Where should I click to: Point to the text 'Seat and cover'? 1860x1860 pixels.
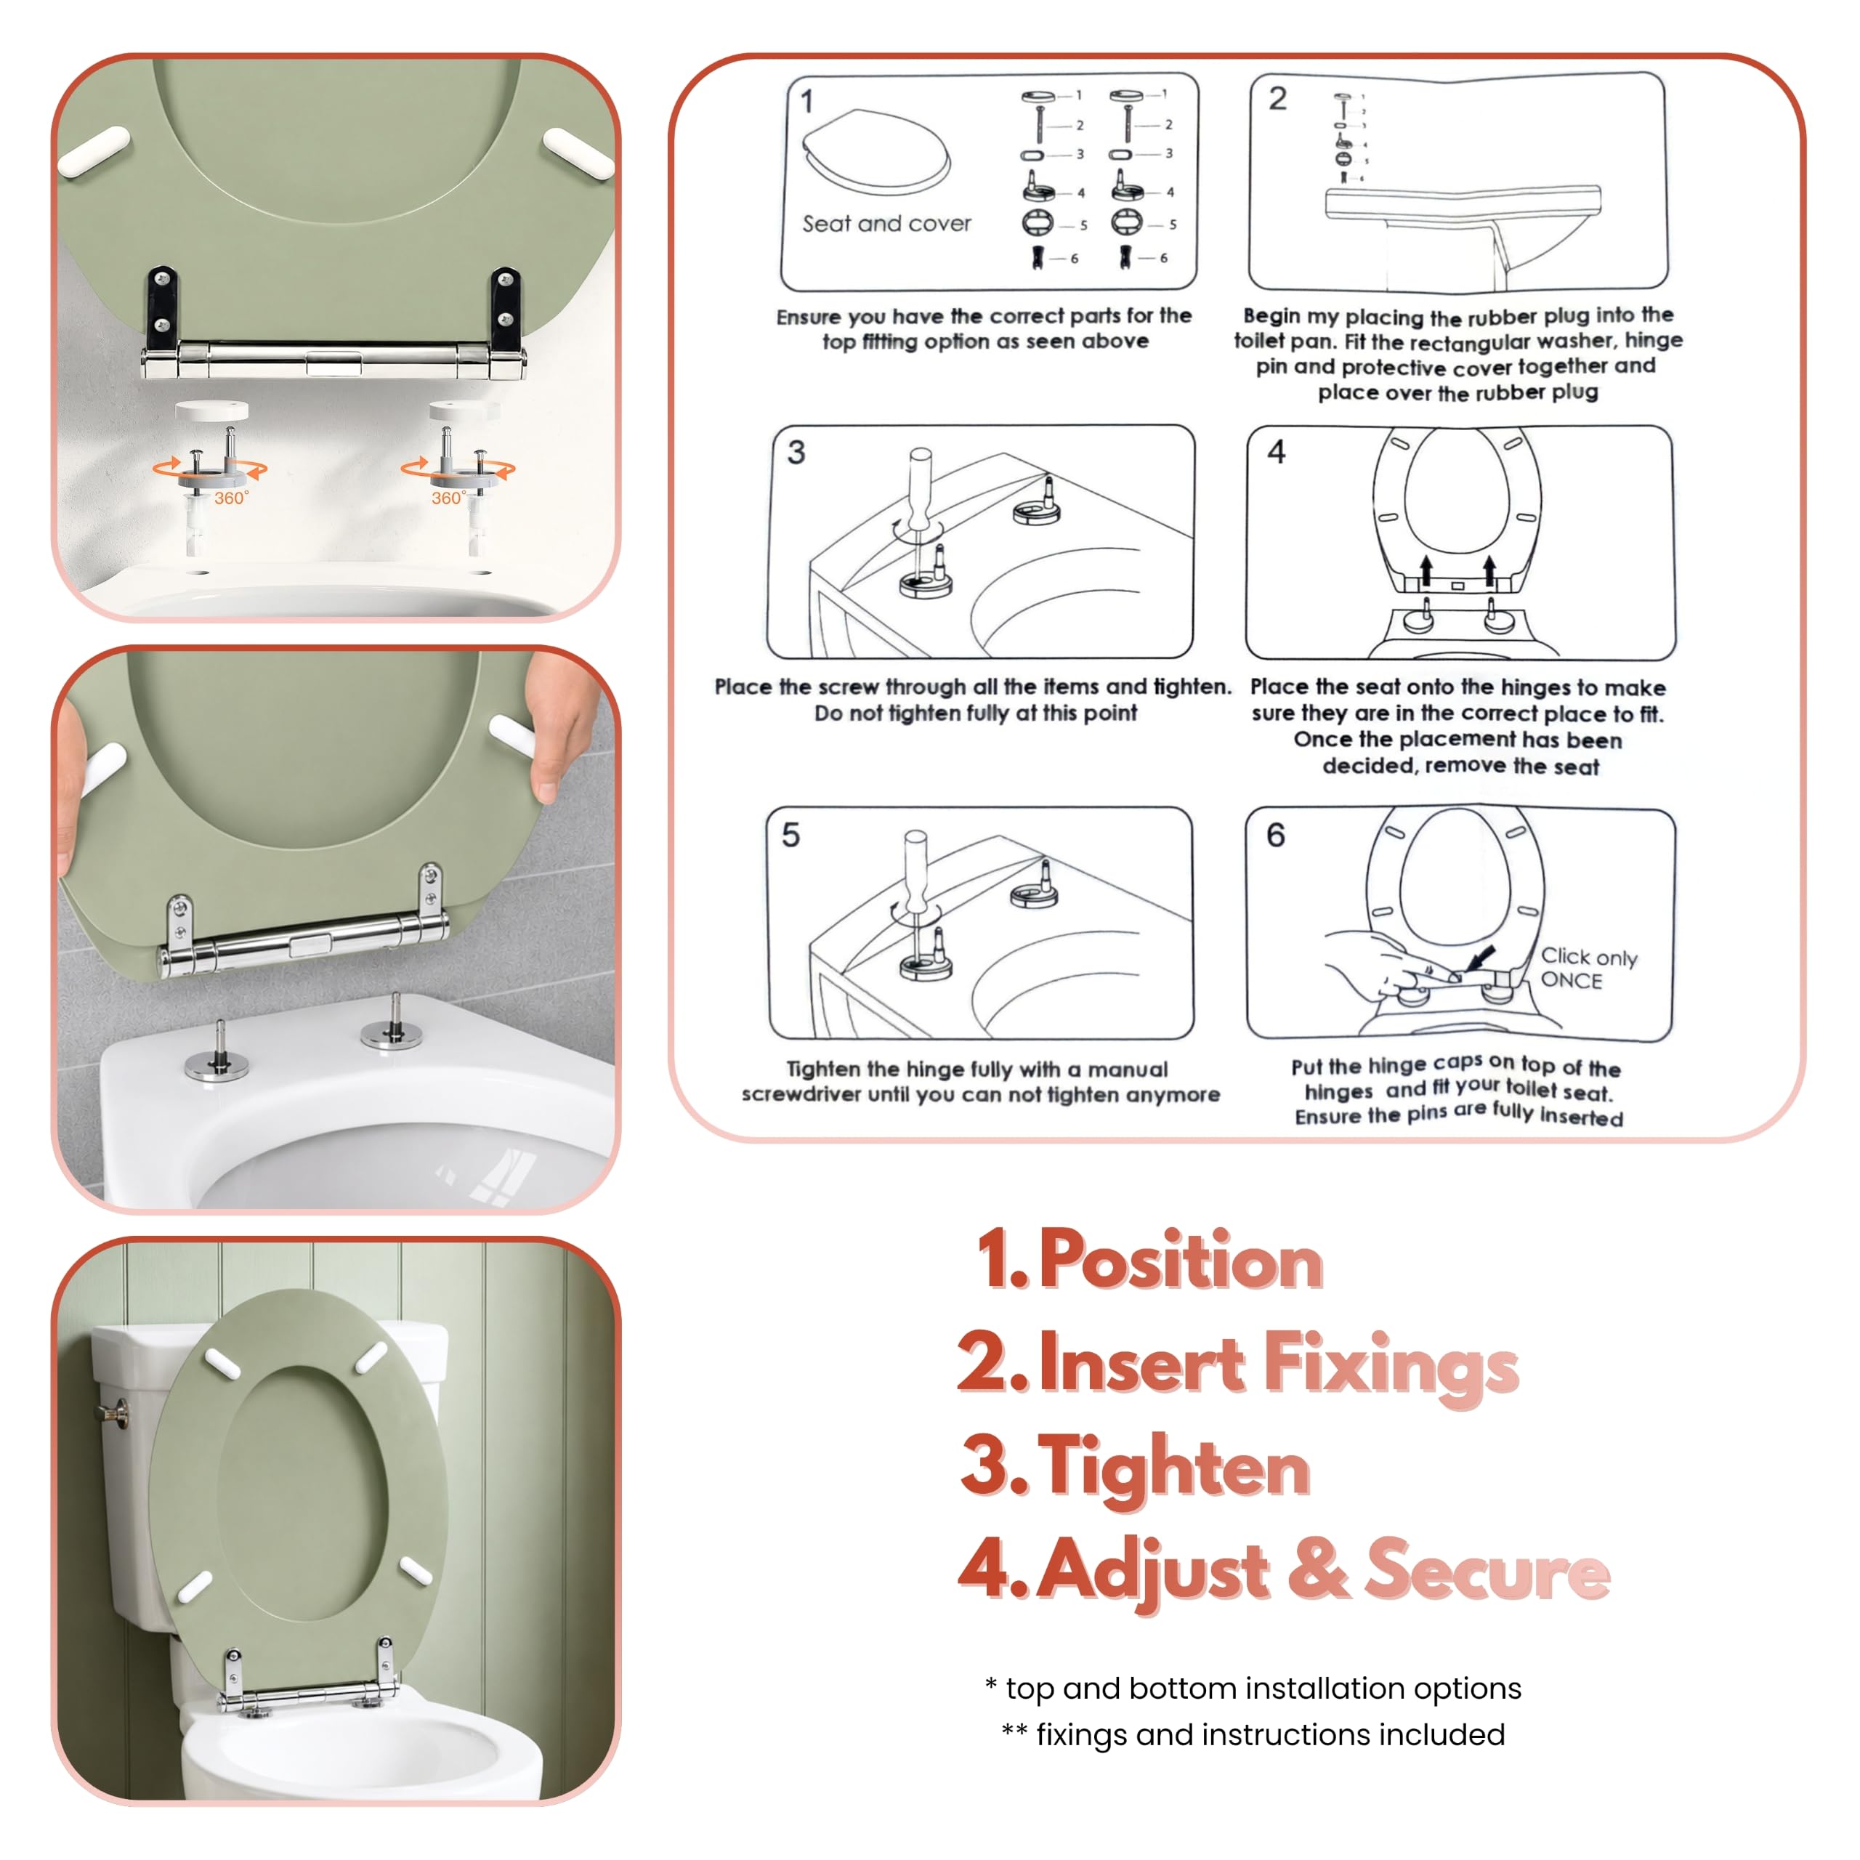(886, 223)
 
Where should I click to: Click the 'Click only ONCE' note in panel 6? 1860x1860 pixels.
(1588, 968)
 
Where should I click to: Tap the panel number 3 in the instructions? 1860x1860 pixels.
(796, 453)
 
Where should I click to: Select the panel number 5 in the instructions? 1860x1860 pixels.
(790, 835)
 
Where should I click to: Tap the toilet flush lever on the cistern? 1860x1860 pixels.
(113, 1413)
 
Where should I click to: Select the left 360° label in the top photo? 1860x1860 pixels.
(231, 498)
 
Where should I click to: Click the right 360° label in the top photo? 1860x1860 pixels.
(448, 498)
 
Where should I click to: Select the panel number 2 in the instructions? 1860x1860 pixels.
(1277, 98)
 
